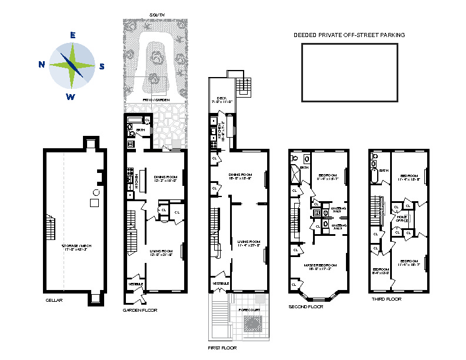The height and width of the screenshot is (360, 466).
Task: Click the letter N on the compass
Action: [x=42, y=65]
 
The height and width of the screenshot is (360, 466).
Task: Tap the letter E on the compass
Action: [x=72, y=35]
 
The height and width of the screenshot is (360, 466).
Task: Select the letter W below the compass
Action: [x=71, y=97]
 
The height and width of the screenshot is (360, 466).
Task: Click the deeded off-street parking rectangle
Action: [x=349, y=73]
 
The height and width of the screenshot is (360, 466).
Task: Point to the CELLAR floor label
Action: [x=54, y=300]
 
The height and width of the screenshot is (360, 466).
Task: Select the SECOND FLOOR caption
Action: [x=306, y=307]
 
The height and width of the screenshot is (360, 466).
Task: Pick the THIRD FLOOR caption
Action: [x=386, y=299]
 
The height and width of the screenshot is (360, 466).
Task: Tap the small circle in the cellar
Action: [x=96, y=192]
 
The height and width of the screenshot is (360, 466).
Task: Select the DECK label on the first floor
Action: [x=221, y=98]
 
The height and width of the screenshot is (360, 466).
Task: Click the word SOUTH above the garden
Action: [x=157, y=15]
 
